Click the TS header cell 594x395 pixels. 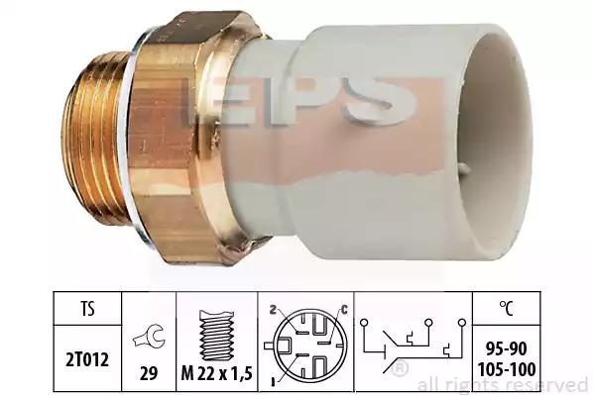pyautogui.click(x=87, y=308)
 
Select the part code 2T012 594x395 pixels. pyautogui.click(x=87, y=359)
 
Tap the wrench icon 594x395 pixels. pyautogui.click(x=149, y=336)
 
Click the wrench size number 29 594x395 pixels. pyautogui.click(x=149, y=374)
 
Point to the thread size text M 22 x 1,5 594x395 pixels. pyautogui.click(x=217, y=374)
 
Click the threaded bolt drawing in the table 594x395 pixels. pyautogui.click(x=216, y=335)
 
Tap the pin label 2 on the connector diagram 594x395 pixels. pyautogui.click(x=272, y=310)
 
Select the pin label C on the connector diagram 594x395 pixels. pyautogui.click(x=343, y=310)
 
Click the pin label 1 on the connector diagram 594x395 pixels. pyautogui.click(x=274, y=382)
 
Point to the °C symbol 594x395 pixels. pyautogui.click(x=506, y=308)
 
